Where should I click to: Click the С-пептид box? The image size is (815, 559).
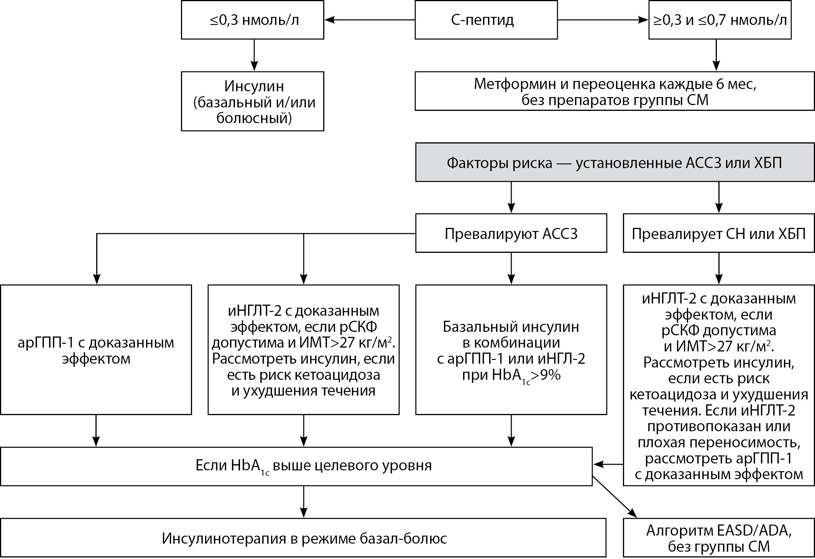(x=486, y=20)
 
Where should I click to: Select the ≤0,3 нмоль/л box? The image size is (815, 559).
(x=252, y=20)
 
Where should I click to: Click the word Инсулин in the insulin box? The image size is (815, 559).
(x=254, y=86)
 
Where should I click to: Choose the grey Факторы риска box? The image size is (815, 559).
(x=615, y=163)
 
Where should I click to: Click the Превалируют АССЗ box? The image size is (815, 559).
(x=511, y=233)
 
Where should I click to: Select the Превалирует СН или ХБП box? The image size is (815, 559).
(x=718, y=233)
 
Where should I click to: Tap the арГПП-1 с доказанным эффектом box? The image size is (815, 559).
(x=96, y=350)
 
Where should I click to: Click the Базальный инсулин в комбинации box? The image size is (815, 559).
(x=511, y=350)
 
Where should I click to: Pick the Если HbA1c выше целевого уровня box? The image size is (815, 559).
(x=296, y=466)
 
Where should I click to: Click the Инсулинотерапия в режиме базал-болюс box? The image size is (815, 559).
(x=303, y=538)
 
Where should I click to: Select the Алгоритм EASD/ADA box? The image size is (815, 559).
(x=718, y=538)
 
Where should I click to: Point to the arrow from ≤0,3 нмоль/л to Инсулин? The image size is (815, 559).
(x=253, y=55)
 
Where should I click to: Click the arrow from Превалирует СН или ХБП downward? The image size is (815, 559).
(x=719, y=269)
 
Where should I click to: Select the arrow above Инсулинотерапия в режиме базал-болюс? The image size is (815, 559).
(x=304, y=502)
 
